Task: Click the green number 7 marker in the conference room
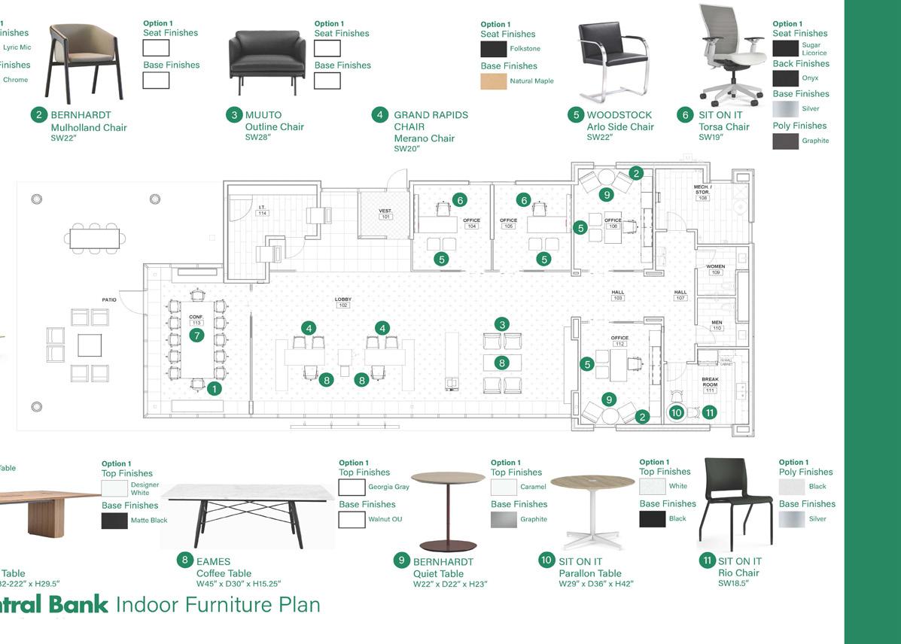point(196,336)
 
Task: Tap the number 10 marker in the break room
point(676,412)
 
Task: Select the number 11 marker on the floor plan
point(708,412)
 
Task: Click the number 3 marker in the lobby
point(502,324)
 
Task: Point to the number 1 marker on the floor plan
point(215,389)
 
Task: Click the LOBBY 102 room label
point(343,302)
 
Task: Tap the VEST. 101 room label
point(385,214)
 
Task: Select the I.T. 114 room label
point(262,211)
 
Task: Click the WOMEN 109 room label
point(715,269)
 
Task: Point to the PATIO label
point(109,300)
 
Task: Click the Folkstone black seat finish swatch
point(494,49)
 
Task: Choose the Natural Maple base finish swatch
point(494,81)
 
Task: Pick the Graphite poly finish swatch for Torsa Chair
point(785,141)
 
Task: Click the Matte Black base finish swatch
point(114,520)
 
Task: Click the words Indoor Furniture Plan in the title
point(218,604)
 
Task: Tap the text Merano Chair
point(424,138)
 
